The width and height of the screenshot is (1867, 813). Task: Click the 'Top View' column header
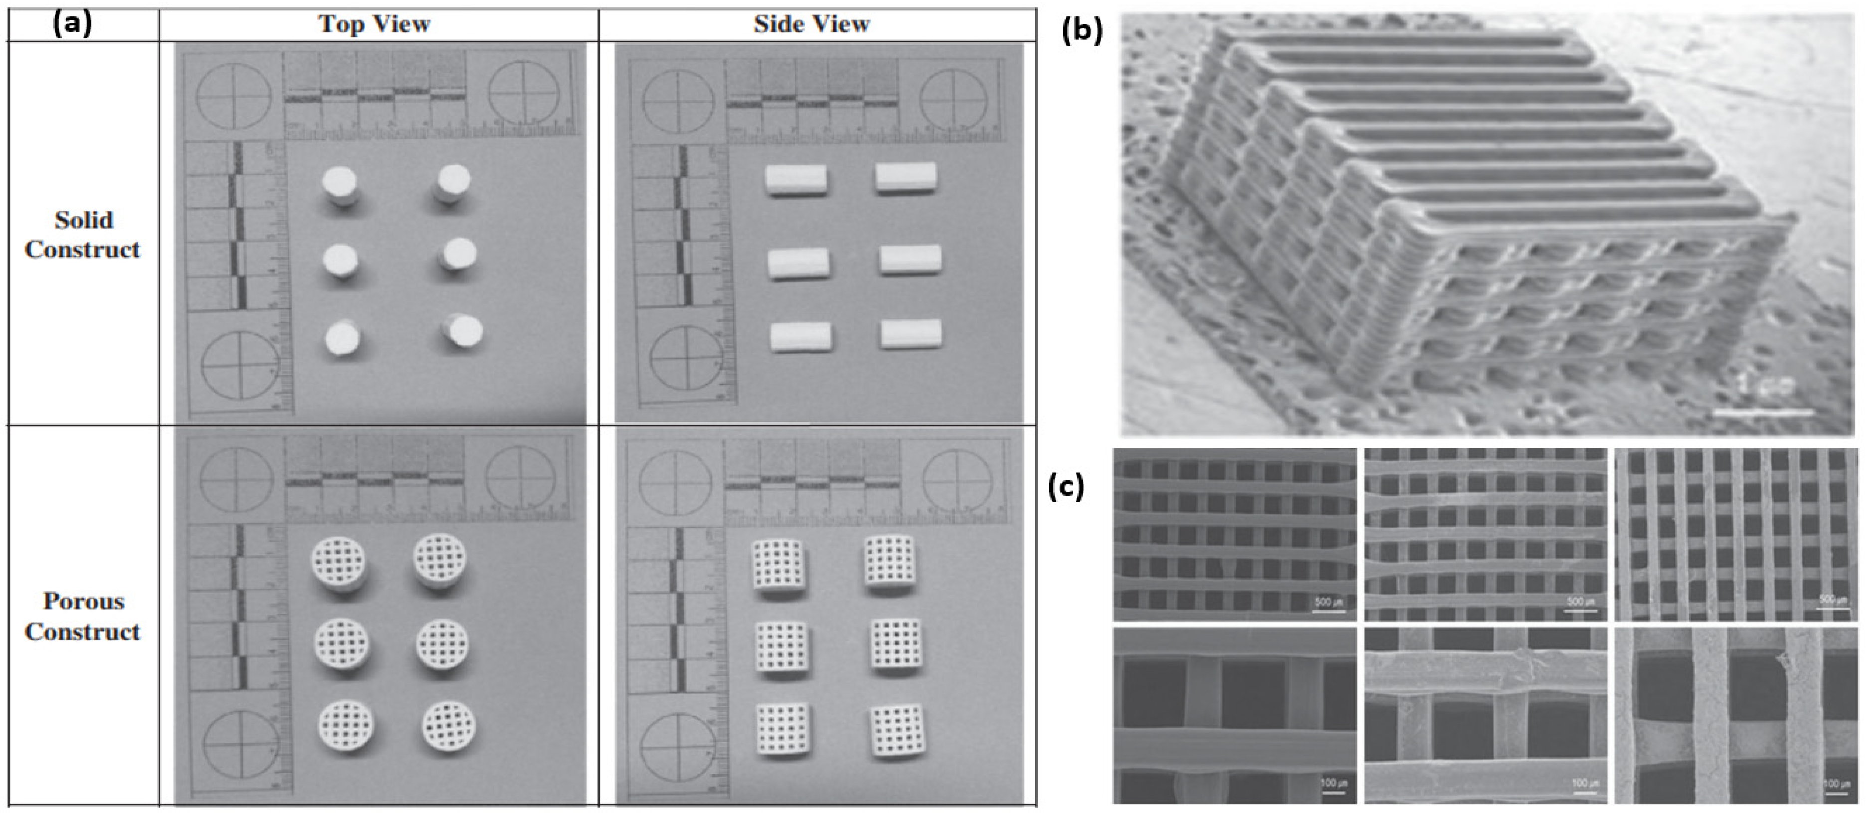pyautogui.click(x=374, y=24)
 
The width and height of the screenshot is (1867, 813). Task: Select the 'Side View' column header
pyautogui.click(x=811, y=24)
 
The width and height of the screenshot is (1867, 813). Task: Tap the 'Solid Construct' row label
pyautogui.click(x=83, y=235)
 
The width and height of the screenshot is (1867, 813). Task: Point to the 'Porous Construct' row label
pyautogui.click(x=83, y=616)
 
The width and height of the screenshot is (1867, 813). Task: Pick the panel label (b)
pyautogui.click(x=1081, y=32)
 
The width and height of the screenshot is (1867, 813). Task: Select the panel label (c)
pyautogui.click(x=1066, y=487)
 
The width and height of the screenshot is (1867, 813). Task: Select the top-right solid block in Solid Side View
pyautogui.click(x=906, y=178)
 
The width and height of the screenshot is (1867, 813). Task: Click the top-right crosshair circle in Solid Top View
pyautogui.click(x=523, y=92)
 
